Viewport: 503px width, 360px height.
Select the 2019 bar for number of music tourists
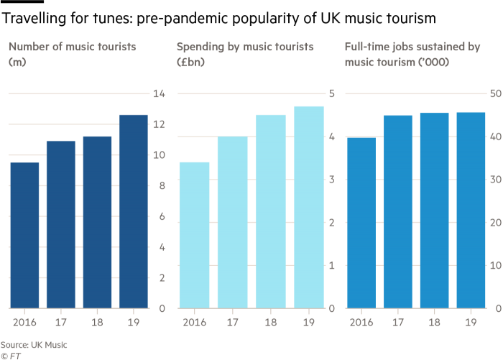134,211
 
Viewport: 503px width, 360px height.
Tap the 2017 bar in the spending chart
232,222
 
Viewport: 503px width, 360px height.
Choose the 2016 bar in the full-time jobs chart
361,222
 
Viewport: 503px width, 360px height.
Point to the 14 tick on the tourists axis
159,94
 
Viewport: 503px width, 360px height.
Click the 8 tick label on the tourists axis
159,186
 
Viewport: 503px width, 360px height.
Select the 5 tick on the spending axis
332,94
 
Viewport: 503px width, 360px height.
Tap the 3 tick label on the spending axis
332,180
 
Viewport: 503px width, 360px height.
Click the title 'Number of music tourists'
73,48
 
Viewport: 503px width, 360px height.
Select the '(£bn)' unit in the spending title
192,63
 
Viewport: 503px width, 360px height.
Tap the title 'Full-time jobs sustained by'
412,48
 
